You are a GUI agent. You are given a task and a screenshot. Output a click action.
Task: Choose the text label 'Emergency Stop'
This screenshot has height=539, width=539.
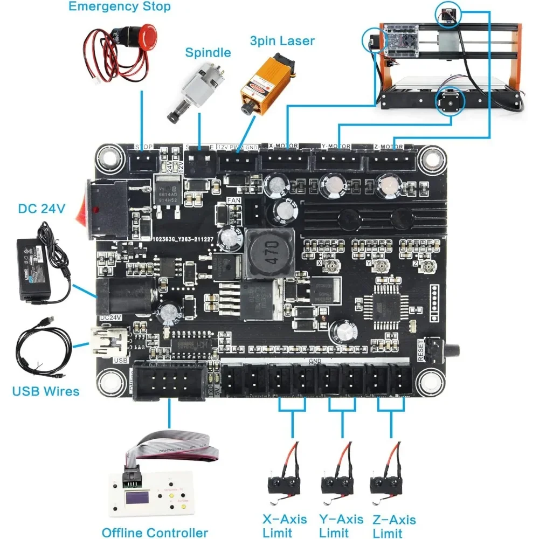click(x=120, y=7)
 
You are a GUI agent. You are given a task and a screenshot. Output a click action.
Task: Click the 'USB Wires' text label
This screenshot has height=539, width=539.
click(x=46, y=391)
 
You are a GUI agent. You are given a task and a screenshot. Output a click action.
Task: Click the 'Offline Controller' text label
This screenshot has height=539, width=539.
click(x=155, y=533)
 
